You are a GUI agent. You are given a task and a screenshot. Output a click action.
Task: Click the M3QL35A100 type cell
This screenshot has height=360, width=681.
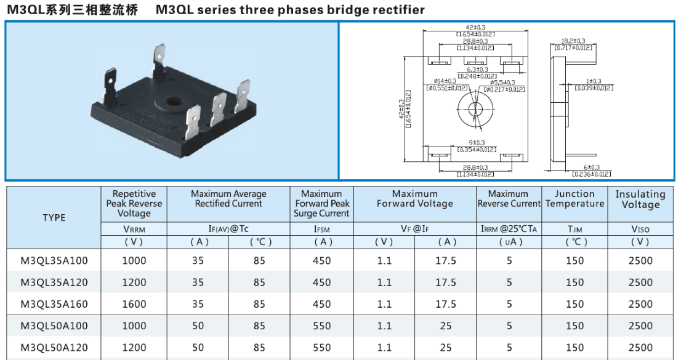click(54, 261)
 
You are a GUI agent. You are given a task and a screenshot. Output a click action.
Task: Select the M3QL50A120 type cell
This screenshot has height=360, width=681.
click(54, 348)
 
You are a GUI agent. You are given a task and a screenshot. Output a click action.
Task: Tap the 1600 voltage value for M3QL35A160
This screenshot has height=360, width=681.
click(134, 304)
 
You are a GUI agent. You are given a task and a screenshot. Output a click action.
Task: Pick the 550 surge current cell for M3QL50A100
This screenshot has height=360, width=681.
click(321, 326)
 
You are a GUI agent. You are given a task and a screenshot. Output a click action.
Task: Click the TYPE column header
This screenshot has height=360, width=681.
click(54, 218)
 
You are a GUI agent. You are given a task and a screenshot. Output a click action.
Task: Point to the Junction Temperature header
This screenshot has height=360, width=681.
click(574, 199)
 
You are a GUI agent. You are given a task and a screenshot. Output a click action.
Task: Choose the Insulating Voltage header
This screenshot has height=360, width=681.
click(640, 199)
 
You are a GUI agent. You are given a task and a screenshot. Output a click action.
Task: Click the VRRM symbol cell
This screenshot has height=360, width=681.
click(134, 229)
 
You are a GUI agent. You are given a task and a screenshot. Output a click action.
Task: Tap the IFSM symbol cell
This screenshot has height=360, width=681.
click(321, 229)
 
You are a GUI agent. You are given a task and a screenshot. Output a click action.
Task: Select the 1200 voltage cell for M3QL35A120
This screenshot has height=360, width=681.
click(134, 282)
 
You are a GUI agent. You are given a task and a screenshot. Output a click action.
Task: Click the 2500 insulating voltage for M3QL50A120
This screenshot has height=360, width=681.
click(640, 348)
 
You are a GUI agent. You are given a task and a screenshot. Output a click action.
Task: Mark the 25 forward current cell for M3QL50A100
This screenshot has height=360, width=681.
click(446, 326)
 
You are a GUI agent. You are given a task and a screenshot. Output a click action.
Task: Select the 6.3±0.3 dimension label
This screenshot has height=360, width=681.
click(477, 70)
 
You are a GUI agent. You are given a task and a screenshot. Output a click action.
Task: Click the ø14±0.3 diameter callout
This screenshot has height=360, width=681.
click(445, 81)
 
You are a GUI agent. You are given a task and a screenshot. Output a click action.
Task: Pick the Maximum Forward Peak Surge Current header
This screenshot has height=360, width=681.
click(321, 204)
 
